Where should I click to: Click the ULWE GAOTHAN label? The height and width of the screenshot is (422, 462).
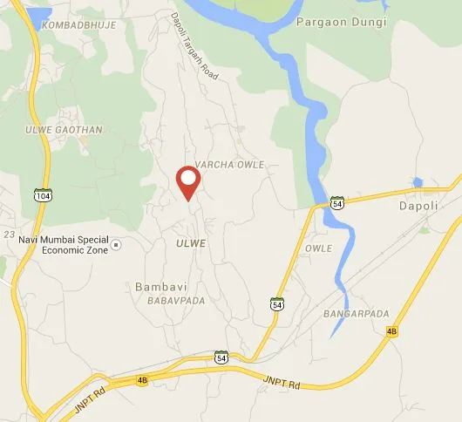tap(66, 130)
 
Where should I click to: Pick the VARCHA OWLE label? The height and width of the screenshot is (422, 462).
tap(229, 165)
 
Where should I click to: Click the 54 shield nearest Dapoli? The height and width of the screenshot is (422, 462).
tap(336, 202)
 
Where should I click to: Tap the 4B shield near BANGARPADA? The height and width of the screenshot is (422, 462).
tap(391, 331)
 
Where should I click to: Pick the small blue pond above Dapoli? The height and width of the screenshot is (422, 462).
tap(418, 184)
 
